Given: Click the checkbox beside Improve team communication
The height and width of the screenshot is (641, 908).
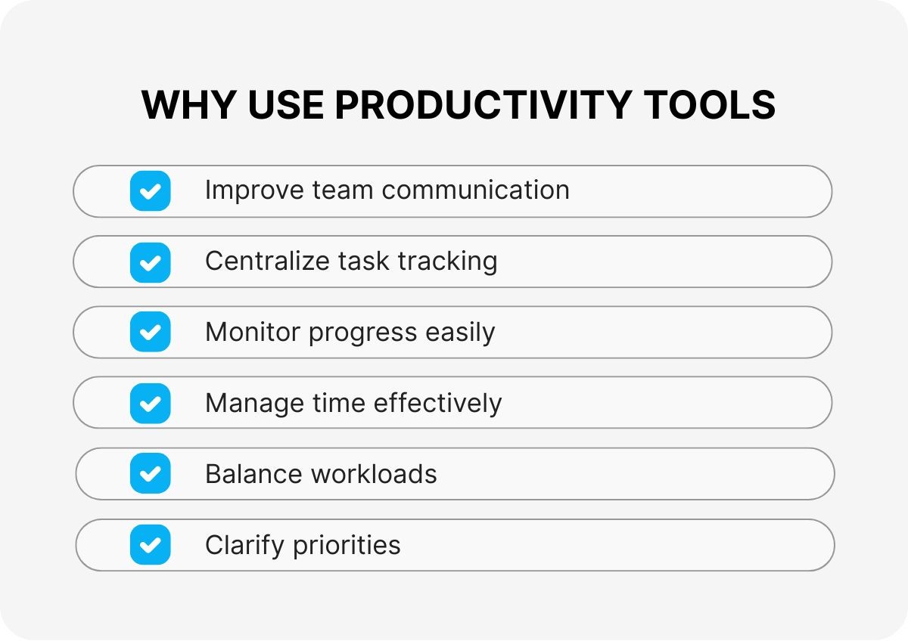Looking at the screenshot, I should [x=150, y=190].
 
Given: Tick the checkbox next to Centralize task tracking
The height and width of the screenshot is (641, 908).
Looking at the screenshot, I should [x=150, y=262].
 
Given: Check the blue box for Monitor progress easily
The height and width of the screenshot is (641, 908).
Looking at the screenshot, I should [x=150, y=332].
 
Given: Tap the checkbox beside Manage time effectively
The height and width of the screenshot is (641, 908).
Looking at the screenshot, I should [x=150, y=403].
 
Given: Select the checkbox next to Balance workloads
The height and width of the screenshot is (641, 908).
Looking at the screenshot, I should [x=150, y=474].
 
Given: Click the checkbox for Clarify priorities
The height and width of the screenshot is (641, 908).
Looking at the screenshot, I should [x=150, y=544].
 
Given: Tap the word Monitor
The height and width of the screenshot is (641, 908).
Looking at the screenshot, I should [x=253, y=333].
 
